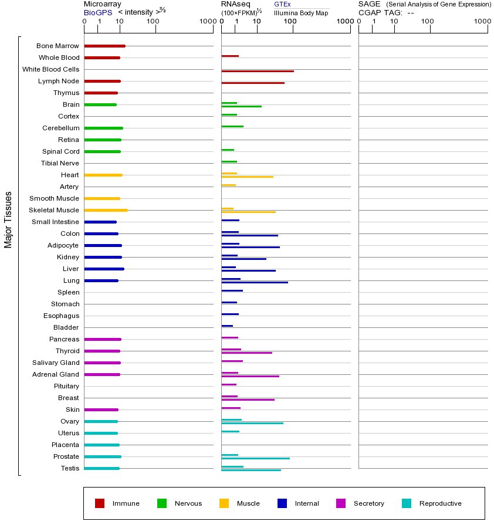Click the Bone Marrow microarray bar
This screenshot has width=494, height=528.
tap(104, 46)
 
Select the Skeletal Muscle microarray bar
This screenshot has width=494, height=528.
tap(106, 210)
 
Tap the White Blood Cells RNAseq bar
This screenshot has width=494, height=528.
tap(257, 71)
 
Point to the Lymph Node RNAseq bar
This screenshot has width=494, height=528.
tap(252, 83)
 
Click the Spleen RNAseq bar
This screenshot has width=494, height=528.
tap(232, 290)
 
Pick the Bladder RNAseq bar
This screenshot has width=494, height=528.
tap(227, 326)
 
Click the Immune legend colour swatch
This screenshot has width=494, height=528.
tap(100, 503)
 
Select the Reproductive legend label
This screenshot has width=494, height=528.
tap(440, 503)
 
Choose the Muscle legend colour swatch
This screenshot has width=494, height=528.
tap(224, 503)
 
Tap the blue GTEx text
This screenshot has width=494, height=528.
tap(282, 4)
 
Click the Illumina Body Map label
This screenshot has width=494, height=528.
tap(301, 13)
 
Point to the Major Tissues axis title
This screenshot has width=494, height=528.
tap(8, 219)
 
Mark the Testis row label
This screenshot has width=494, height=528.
tap(70, 468)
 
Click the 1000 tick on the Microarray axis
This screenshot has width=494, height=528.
tap(207, 22)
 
